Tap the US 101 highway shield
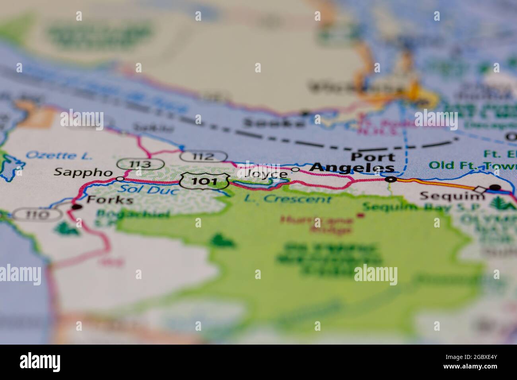204,182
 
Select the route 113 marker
140,164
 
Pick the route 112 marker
203,157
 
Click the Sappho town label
83,172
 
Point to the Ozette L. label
59,155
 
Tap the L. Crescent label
288,198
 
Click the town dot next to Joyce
295,170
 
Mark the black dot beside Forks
76,207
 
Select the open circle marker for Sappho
120,178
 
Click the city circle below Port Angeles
391,180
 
